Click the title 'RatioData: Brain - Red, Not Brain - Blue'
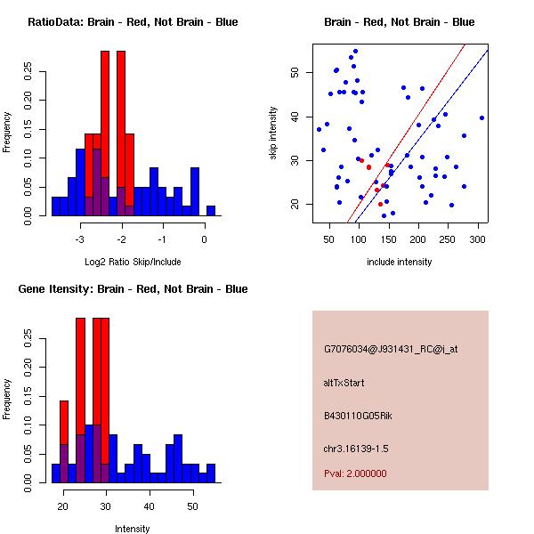[133, 22]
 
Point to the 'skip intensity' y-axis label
[274, 133]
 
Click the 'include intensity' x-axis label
[400, 262]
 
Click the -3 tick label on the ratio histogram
[80, 239]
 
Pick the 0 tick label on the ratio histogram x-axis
[205, 239]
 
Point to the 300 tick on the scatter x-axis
[477, 239]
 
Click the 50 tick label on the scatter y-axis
[295, 73]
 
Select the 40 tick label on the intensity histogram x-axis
[149, 506]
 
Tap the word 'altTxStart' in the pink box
[344, 383]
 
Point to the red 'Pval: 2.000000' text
[355, 473]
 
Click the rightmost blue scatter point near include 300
[481, 117]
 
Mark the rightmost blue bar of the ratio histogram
[211, 211]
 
